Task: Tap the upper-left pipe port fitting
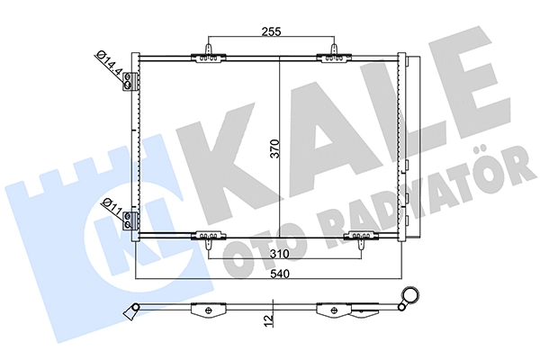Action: click(x=132, y=80)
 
